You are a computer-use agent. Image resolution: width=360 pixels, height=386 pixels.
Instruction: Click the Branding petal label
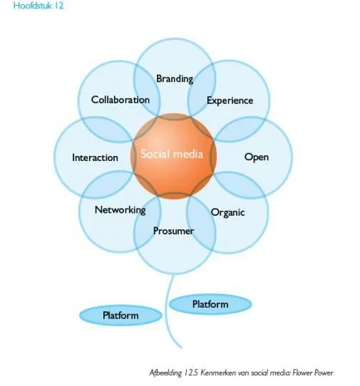coord(175,79)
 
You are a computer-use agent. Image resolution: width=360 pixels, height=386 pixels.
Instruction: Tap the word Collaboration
coord(120,100)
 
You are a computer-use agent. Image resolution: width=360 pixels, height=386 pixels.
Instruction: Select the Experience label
coord(230,100)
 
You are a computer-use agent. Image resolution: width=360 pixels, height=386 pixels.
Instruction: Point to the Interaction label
coord(95,157)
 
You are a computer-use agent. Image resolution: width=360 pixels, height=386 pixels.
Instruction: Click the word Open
coord(257,157)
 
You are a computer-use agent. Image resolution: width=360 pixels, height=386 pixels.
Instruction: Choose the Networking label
coord(120,210)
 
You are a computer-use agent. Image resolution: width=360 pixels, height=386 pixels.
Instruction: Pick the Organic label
coord(228,212)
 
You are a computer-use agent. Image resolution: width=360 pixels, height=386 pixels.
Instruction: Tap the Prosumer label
coord(173,231)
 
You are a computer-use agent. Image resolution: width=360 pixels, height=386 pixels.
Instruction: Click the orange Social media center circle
coord(174,156)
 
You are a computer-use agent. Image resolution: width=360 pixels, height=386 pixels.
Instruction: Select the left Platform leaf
coord(120,315)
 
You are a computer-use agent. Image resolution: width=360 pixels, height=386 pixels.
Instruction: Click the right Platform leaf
coord(210,304)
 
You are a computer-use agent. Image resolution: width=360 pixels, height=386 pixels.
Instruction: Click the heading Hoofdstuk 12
coord(38,6)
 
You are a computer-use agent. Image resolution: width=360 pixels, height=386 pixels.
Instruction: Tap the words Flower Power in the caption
coord(313,373)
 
